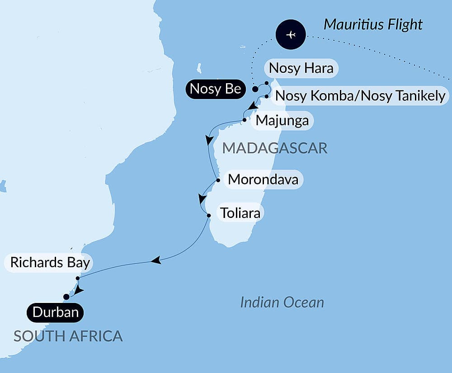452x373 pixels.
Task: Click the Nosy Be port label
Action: pyautogui.click(x=215, y=89)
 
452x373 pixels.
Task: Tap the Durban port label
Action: pyautogui.click(x=56, y=312)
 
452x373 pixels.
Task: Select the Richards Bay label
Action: pyautogui.click(x=50, y=263)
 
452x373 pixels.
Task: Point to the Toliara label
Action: pyautogui.click(x=240, y=212)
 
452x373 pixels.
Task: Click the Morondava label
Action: pyautogui.click(x=263, y=179)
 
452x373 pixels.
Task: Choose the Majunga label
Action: pyautogui.click(x=282, y=121)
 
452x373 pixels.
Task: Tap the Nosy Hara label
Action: pyautogui.click(x=301, y=68)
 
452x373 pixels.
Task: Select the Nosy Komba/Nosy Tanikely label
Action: pyautogui.click(x=360, y=96)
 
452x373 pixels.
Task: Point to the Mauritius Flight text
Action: pyautogui.click(x=373, y=24)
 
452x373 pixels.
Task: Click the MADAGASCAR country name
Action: pyautogui.click(x=275, y=148)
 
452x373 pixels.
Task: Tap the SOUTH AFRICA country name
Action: pyautogui.click(x=68, y=336)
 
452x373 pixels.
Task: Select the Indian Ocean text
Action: pyautogui.click(x=282, y=302)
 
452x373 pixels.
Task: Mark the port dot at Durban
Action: pyautogui.click(x=66, y=297)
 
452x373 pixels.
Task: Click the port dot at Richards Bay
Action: pyautogui.click(x=78, y=279)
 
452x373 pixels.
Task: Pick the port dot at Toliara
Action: pyautogui.click(x=208, y=216)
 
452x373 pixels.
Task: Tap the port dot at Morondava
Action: pyautogui.click(x=218, y=180)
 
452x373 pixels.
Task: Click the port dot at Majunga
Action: pyautogui.click(x=245, y=120)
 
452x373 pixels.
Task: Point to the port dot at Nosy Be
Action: pyautogui.click(x=255, y=89)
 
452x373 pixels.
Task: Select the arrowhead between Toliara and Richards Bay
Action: pyautogui.click(x=156, y=260)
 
